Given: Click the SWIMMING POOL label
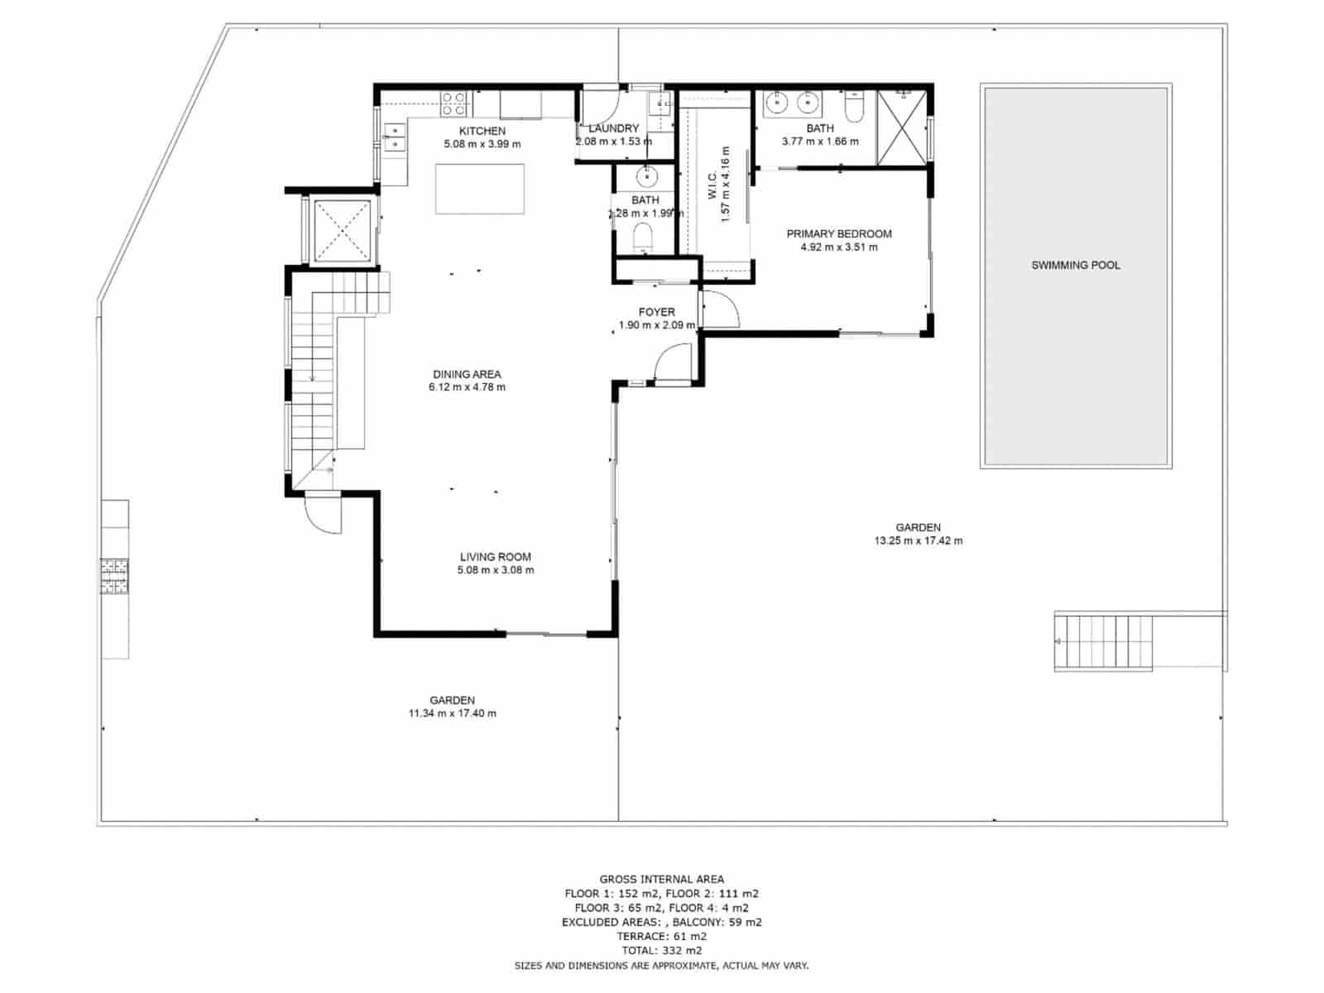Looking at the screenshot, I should (x=1075, y=266).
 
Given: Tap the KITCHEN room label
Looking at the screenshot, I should (x=482, y=131).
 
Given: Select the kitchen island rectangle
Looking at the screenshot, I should (x=480, y=189).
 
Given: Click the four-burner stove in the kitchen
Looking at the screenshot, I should (x=453, y=103).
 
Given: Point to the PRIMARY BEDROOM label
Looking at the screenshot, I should (x=838, y=234).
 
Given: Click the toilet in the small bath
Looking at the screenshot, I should (x=643, y=238).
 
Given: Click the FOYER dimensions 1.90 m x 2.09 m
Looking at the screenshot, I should (x=656, y=326).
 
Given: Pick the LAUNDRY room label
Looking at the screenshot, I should (x=613, y=128).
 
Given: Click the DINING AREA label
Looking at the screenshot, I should (x=467, y=374).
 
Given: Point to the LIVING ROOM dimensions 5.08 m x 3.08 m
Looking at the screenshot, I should (x=495, y=570).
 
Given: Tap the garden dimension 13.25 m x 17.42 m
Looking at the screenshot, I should (x=918, y=541).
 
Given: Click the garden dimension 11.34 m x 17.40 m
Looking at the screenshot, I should (x=452, y=713).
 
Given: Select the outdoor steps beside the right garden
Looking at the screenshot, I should (x=1104, y=642).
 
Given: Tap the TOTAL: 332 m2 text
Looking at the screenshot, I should (x=661, y=951).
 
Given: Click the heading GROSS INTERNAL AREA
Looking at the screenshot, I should (x=661, y=880).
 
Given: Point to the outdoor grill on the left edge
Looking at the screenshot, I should (x=114, y=577).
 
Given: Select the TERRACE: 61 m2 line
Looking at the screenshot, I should (x=661, y=937).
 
